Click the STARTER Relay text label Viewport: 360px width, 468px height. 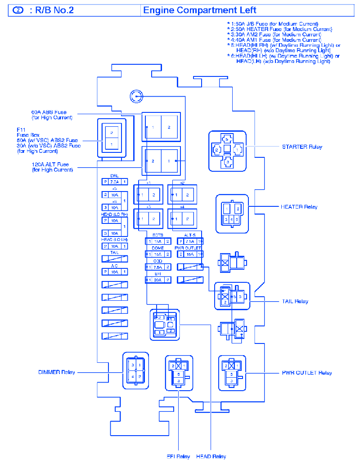pyautogui.click(x=302, y=147)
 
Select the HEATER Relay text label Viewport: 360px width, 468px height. pyautogui.click(x=299, y=207)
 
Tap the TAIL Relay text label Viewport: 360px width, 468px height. pyautogui.click(x=295, y=301)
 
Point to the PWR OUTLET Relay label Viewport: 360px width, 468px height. pyautogui.click(x=307, y=373)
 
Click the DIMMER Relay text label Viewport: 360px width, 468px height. pyautogui.click(x=57, y=372)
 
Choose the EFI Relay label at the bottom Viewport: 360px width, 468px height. pyautogui.click(x=178, y=456)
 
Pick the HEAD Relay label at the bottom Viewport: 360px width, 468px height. pyautogui.click(x=211, y=456)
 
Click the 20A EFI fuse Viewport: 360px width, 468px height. pyautogui.click(x=158, y=280)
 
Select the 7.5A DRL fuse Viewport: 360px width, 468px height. pyautogui.click(x=114, y=182)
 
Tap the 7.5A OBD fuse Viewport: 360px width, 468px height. pyautogui.click(x=158, y=267)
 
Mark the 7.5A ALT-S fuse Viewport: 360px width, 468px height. pyautogui.click(x=190, y=241)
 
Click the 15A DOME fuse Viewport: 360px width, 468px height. pyautogui.click(x=158, y=254)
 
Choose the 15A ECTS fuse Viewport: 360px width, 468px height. pyautogui.click(x=158, y=241)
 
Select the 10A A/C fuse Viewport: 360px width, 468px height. pyautogui.click(x=114, y=272)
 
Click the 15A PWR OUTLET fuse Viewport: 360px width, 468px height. pyautogui.click(x=190, y=254)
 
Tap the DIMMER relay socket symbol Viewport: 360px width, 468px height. pyautogui.click(x=135, y=370)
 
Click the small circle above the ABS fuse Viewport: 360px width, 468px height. pyautogui.click(x=136, y=96)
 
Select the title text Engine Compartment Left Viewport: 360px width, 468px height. pyautogui.click(x=200, y=10)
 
